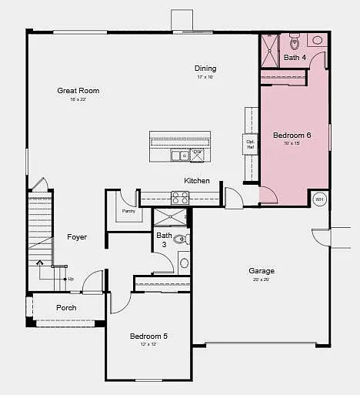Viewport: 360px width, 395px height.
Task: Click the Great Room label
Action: [x=78, y=91]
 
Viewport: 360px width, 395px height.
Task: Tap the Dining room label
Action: [x=205, y=69]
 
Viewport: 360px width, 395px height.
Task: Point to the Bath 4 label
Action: [x=295, y=58]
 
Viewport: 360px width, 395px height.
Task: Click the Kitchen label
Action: [x=197, y=181]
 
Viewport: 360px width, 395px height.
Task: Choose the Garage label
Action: [x=262, y=271]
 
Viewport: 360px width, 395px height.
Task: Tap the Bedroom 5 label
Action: [x=148, y=336]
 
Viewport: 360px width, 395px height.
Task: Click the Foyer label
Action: [x=77, y=237]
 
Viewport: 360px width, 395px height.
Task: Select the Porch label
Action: [x=66, y=308]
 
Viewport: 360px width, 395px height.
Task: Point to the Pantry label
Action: [x=128, y=211]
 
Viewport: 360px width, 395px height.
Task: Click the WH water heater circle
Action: [x=320, y=199]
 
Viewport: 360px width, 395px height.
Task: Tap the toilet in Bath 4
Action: [x=295, y=41]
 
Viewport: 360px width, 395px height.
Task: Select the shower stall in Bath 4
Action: [x=270, y=51]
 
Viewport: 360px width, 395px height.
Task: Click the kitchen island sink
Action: [x=180, y=156]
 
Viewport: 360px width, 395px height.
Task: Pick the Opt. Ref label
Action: [x=251, y=144]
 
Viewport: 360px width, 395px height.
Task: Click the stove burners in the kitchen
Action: [x=179, y=198]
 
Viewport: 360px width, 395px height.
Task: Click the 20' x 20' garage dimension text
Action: [x=262, y=280]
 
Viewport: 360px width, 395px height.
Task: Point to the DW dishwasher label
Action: [x=198, y=152]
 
